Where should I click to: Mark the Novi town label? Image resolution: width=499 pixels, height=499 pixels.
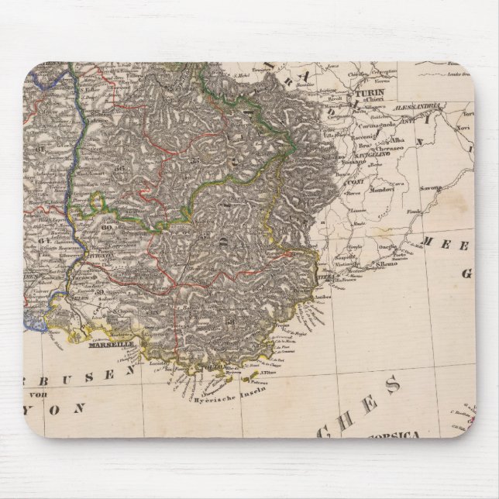click(x=463, y=125)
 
